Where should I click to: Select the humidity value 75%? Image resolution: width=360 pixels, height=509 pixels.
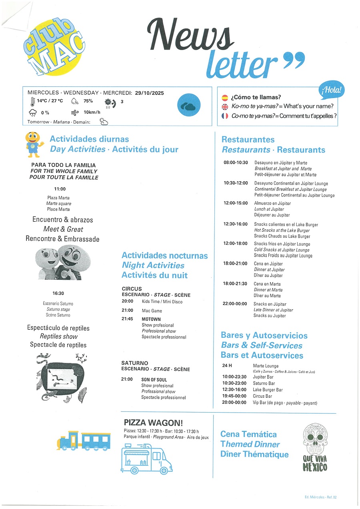[x=88, y=101]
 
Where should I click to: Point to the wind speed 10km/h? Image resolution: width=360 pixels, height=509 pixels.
[x=92, y=112]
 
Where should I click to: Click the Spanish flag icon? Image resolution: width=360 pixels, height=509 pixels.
[x=225, y=97]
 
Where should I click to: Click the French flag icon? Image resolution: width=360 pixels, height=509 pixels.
[x=225, y=116]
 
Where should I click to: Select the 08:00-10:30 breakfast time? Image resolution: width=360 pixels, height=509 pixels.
[x=236, y=163]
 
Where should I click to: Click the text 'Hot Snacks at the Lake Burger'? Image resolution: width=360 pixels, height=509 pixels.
[x=282, y=230]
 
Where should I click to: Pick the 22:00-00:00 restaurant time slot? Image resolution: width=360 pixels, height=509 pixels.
[x=235, y=304]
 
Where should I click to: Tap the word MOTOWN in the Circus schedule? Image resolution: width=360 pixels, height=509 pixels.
[x=151, y=319]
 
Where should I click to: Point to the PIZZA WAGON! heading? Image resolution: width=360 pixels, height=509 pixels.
[x=154, y=423]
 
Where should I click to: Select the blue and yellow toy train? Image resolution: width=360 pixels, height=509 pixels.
[x=84, y=441]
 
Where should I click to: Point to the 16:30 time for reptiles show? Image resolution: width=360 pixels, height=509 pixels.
[x=58, y=293]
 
